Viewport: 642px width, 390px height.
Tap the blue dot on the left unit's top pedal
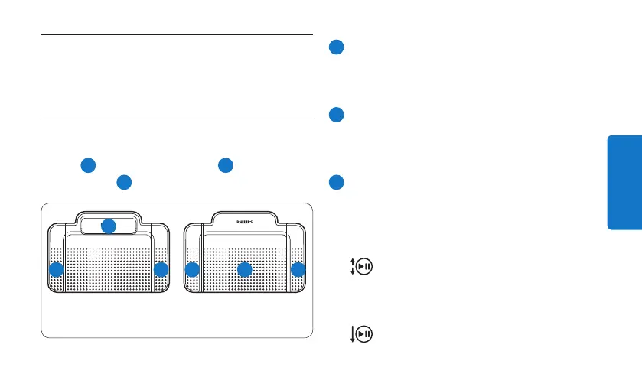pos(109,226)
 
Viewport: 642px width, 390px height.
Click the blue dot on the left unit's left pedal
pos(56,270)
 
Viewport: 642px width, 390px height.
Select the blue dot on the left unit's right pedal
pos(161,270)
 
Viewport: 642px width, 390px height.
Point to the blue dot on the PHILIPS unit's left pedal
pos(192,270)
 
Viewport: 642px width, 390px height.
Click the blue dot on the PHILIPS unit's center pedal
pos(244,270)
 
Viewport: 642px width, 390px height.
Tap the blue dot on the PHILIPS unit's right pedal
pos(298,270)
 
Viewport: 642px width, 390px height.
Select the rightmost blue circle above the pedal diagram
pos(224,164)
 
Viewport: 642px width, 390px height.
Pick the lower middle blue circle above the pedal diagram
pos(123,182)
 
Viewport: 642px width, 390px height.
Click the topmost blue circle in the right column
pos(335,47)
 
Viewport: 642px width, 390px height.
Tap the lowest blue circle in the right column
pos(335,183)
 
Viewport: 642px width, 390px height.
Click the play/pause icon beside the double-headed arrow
pos(365,267)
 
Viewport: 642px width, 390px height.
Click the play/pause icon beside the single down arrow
pos(365,334)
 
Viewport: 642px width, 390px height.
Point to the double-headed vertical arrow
pos(352,267)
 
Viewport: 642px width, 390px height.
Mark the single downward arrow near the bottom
pos(352,334)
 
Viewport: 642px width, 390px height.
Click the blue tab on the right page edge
pos(624,182)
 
